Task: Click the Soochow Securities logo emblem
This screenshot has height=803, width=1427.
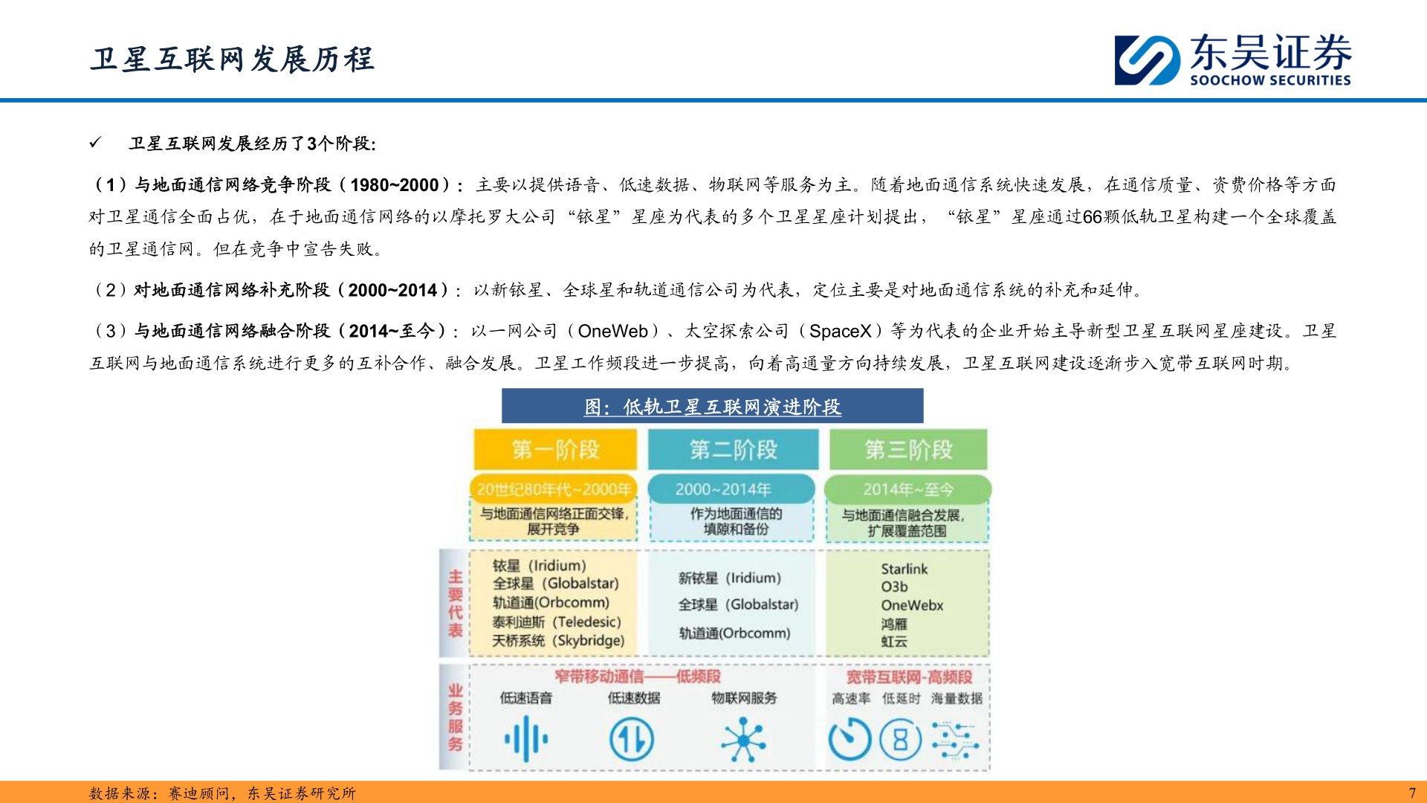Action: [x=1147, y=59]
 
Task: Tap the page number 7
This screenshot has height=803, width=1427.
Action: [x=1412, y=793]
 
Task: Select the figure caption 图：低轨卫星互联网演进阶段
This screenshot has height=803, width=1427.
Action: [x=712, y=407]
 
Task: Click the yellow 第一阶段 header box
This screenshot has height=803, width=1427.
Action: [x=555, y=449]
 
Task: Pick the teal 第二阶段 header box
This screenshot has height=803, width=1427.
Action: [x=733, y=449]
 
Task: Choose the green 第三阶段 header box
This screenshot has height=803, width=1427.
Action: [x=908, y=449]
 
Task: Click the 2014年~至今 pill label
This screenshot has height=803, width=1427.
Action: [x=907, y=489]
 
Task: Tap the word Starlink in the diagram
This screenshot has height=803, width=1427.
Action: [x=904, y=569]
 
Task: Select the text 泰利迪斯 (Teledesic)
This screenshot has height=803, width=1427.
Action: [x=556, y=622]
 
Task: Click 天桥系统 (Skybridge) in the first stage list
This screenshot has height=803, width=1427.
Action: [x=557, y=640]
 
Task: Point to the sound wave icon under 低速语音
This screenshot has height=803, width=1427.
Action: [x=526, y=739]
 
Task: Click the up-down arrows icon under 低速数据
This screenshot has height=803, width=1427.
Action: [x=632, y=740]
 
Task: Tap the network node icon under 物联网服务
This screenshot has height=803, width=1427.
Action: [x=743, y=740]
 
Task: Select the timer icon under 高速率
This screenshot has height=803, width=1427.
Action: [x=850, y=740]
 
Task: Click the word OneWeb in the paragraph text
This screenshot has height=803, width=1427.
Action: [x=613, y=331]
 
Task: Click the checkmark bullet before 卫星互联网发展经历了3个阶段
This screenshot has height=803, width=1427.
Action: [x=95, y=142]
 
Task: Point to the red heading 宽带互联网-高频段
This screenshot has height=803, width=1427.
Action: [x=908, y=677]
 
